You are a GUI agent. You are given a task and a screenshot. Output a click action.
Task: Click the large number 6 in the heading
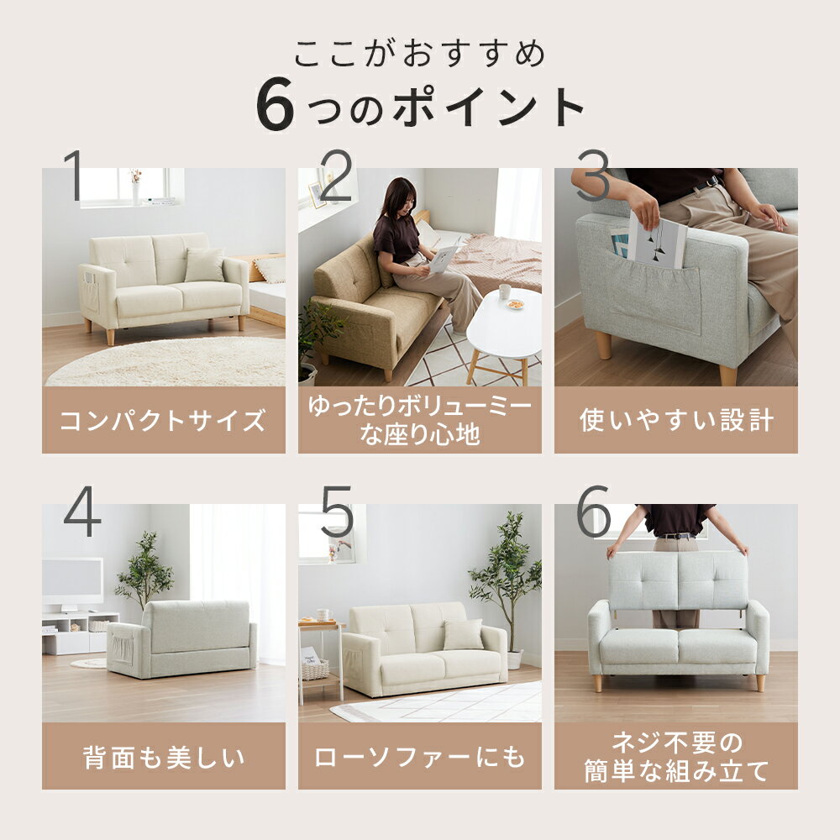(x=276, y=106)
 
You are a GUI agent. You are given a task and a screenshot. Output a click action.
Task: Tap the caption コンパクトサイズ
(x=164, y=421)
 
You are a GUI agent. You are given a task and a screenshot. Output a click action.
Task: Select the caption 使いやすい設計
(x=676, y=420)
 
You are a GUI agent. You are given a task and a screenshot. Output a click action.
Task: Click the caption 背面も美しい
(x=164, y=757)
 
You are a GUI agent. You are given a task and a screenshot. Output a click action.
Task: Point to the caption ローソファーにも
(x=419, y=757)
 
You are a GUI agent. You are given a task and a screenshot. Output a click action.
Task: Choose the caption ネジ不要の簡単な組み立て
(x=676, y=757)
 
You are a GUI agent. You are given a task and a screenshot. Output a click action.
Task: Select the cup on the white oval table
(x=505, y=291)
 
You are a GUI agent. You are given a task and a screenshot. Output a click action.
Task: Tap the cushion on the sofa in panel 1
(x=204, y=265)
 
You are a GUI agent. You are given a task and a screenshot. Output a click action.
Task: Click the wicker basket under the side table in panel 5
(x=315, y=670)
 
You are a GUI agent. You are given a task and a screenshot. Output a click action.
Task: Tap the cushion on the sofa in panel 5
(x=463, y=635)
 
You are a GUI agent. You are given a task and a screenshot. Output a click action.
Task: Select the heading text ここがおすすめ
(x=419, y=54)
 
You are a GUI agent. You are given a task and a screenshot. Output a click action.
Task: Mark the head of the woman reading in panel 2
(x=402, y=197)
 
